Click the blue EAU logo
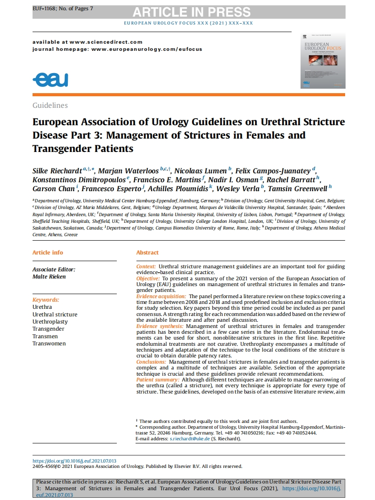click(x=50, y=80)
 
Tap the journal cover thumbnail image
click(x=322, y=61)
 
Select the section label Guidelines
click(x=50, y=106)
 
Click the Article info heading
click(x=48, y=252)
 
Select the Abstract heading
click(x=147, y=252)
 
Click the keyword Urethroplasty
click(x=50, y=321)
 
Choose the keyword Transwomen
click(x=49, y=343)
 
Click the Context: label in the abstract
click(x=146, y=266)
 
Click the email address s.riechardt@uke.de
click(x=190, y=439)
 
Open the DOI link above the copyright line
click(x=74, y=461)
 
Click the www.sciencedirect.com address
click(x=106, y=42)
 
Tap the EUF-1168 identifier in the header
click(x=44, y=9)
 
